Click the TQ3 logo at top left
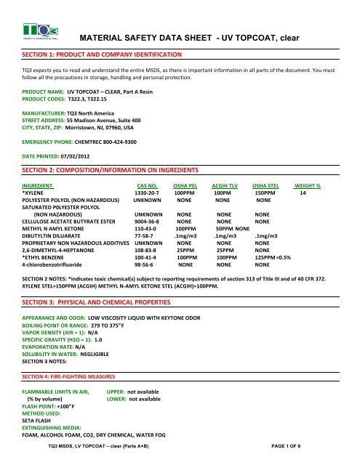tap(34, 27)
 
